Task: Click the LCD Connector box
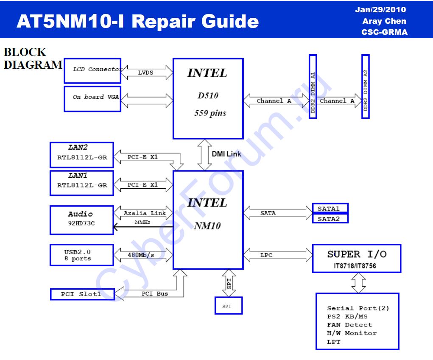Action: click(92, 71)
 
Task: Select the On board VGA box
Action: click(92, 98)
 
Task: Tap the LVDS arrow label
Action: click(145, 73)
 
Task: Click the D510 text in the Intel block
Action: click(208, 96)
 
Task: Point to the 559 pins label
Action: click(210, 113)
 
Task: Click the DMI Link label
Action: click(226, 154)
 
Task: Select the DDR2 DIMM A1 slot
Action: click(313, 87)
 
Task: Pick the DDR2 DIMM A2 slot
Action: click(366, 87)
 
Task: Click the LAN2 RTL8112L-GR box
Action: click(82, 155)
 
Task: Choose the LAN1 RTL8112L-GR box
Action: click(82, 183)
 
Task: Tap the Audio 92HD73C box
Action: click(82, 220)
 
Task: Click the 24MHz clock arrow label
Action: click(142, 222)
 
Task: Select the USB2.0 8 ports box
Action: click(82, 255)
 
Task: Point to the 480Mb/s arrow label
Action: click(141, 255)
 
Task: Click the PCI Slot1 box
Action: click(82, 294)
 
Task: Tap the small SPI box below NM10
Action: click(228, 306)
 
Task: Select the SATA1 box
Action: click(330, 208)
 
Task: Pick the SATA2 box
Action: click(330, 219)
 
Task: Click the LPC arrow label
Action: click(266, 255)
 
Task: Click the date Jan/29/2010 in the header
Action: click(380, 10)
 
